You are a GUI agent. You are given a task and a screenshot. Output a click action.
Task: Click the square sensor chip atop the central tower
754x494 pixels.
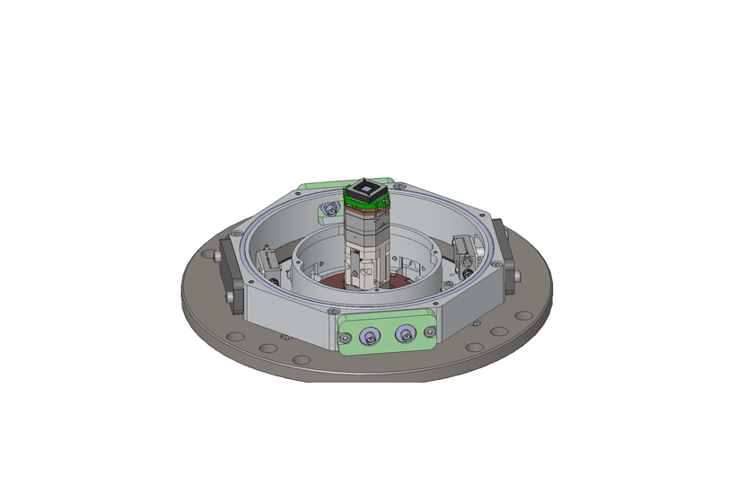tap(366, 189)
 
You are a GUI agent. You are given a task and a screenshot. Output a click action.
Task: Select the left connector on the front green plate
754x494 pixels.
tap(370, 337)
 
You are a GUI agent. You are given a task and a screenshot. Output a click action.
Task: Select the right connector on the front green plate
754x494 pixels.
tap(404, 336)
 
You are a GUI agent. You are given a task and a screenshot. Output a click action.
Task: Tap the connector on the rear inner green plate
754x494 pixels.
tap(329, 209)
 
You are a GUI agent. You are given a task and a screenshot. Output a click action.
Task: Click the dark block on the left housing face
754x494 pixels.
tap(231, 279)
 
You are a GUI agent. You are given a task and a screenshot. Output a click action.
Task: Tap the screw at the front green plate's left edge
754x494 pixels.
tap(343, 338)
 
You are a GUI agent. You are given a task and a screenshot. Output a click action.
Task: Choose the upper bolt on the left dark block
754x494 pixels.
tap(220, 260)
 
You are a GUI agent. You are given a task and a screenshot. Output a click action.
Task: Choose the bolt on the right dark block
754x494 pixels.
tap(517, 274)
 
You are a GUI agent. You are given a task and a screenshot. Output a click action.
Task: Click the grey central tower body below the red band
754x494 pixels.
tap(366, 247)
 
